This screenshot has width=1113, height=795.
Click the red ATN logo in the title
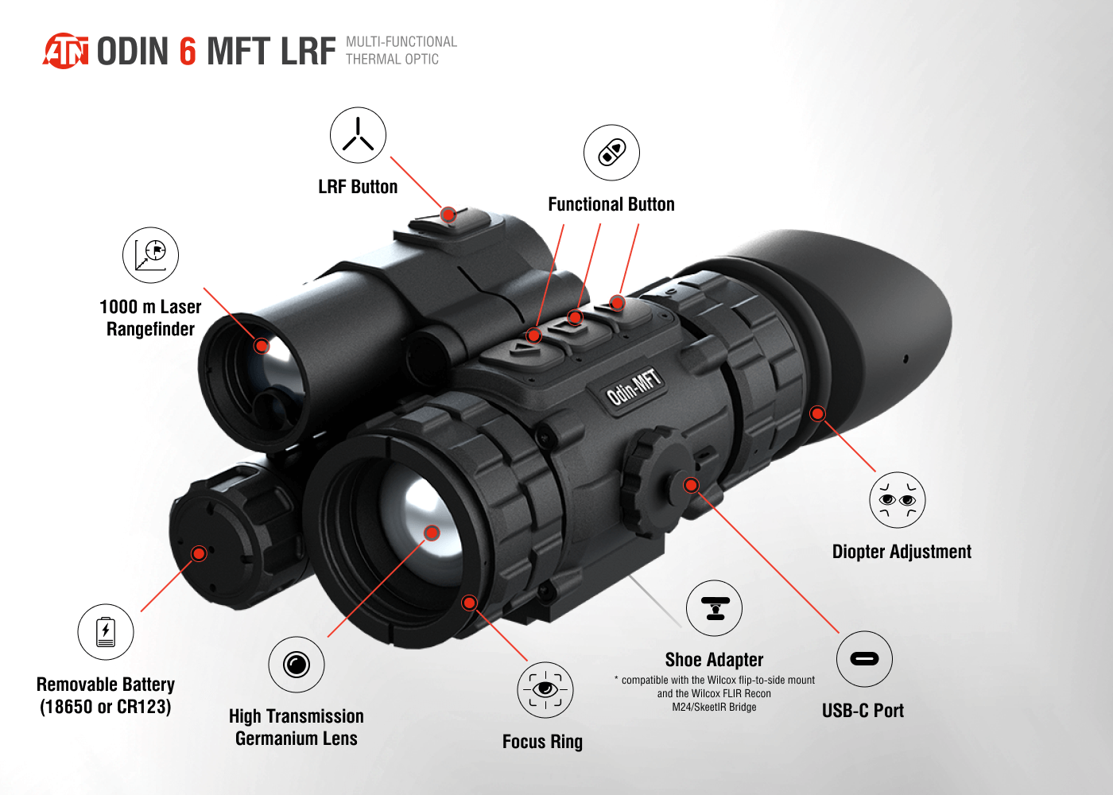66,51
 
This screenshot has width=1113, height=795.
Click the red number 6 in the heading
188,51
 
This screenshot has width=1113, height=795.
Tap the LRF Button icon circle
358,135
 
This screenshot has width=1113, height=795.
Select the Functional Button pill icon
611,153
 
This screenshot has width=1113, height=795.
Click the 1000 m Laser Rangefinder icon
150,255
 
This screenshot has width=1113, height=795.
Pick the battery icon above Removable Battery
105,632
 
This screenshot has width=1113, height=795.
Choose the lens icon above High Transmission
296,665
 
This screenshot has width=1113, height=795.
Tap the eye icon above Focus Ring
545,690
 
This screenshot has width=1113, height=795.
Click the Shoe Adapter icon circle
714,608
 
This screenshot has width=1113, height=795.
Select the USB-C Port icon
865,659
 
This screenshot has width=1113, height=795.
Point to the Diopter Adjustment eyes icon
898,500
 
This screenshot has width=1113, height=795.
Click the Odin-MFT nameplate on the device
634,388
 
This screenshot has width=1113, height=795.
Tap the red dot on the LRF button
448,215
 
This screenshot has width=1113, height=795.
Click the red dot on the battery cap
200,553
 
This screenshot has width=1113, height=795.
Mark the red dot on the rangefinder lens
262,346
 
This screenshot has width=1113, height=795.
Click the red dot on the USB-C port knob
691,486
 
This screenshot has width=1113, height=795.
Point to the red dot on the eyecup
817,413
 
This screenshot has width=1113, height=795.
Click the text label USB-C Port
863,711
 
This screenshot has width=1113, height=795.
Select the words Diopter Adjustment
902,552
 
